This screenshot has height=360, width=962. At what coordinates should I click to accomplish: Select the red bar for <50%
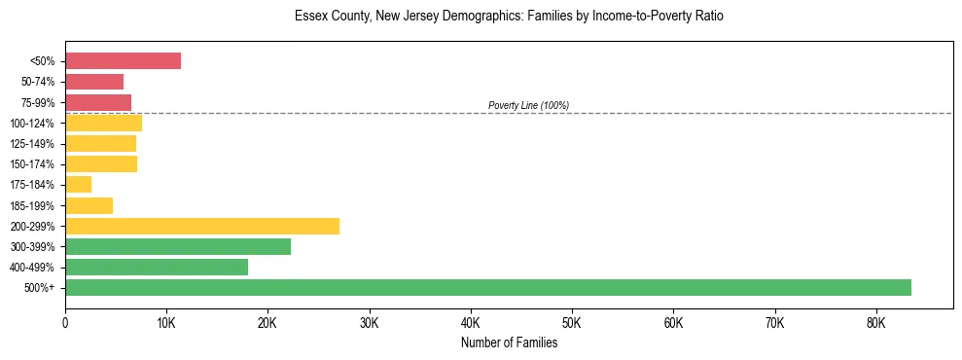[123, 61]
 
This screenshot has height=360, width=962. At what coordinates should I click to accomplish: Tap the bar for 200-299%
[202, 226]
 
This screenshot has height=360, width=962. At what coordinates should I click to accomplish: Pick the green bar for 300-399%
[178, 246]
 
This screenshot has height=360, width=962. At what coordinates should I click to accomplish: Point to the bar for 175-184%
[79, 184]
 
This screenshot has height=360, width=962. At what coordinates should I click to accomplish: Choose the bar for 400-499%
[157, 267]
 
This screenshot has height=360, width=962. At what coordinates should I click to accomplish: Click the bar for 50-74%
[94, 82]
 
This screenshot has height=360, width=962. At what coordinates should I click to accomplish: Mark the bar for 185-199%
[89, 205]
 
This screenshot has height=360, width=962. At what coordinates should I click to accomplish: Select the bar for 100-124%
[103, 123]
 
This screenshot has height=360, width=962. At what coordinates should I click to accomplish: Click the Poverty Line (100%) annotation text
[528, 105]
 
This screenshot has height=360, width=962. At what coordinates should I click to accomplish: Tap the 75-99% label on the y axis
[38, 102]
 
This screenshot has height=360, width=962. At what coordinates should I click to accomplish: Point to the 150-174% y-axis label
[34, 163]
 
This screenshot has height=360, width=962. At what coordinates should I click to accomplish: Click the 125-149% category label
[34, 143]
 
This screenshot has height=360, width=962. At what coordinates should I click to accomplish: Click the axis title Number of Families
[509, 342]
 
